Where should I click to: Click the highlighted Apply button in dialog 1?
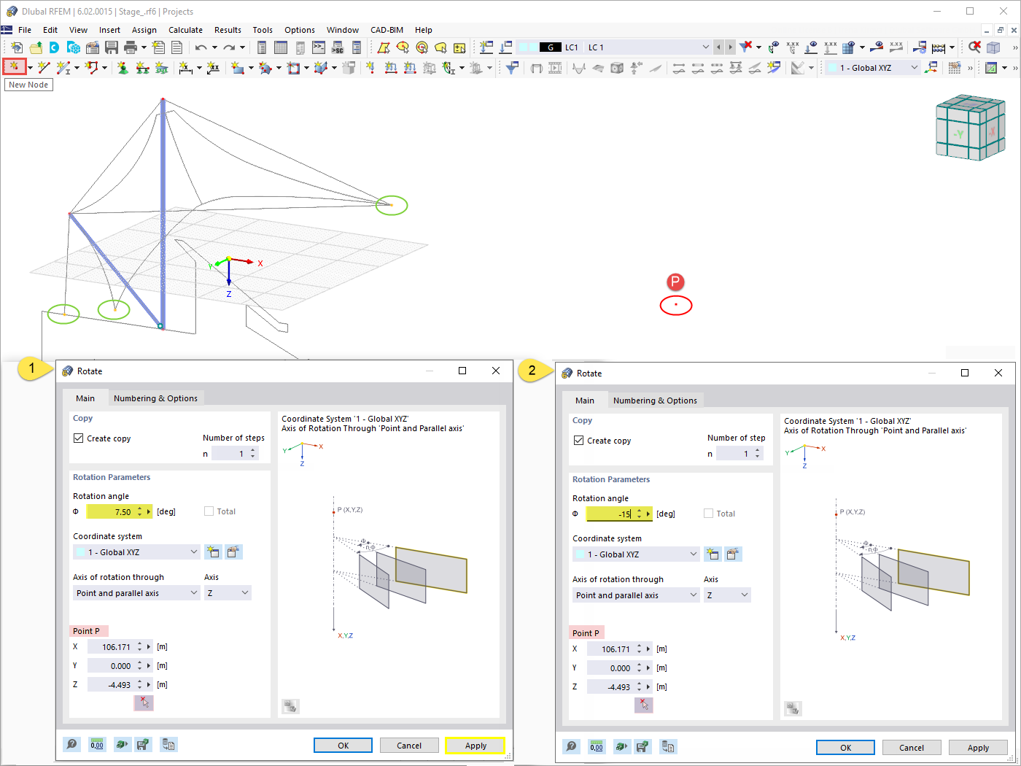coord(475,746)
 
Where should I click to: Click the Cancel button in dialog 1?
coord(408,746)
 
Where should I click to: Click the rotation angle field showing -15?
coord(610,514)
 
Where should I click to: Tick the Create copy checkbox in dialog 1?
coord(79,438)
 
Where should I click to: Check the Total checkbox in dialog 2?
coord(708,514)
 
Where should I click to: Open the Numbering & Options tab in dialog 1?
coord(155,398)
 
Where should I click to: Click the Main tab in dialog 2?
coord(584,401)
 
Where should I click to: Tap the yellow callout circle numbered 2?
coord(532,371)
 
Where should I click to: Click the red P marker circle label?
coord(675,282)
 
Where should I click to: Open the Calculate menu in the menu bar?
coord(185,30)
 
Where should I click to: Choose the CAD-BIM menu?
coord(387,30)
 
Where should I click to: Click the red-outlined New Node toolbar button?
coord(14,66)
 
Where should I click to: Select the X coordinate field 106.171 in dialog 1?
coord(111,647)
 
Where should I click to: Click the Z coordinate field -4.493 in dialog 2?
coord(610,687)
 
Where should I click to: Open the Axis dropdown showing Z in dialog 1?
coord(228,593)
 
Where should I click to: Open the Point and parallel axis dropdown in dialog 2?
coord(636,595)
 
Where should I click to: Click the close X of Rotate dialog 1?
coord(496,371)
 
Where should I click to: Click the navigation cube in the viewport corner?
coord(969,128)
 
